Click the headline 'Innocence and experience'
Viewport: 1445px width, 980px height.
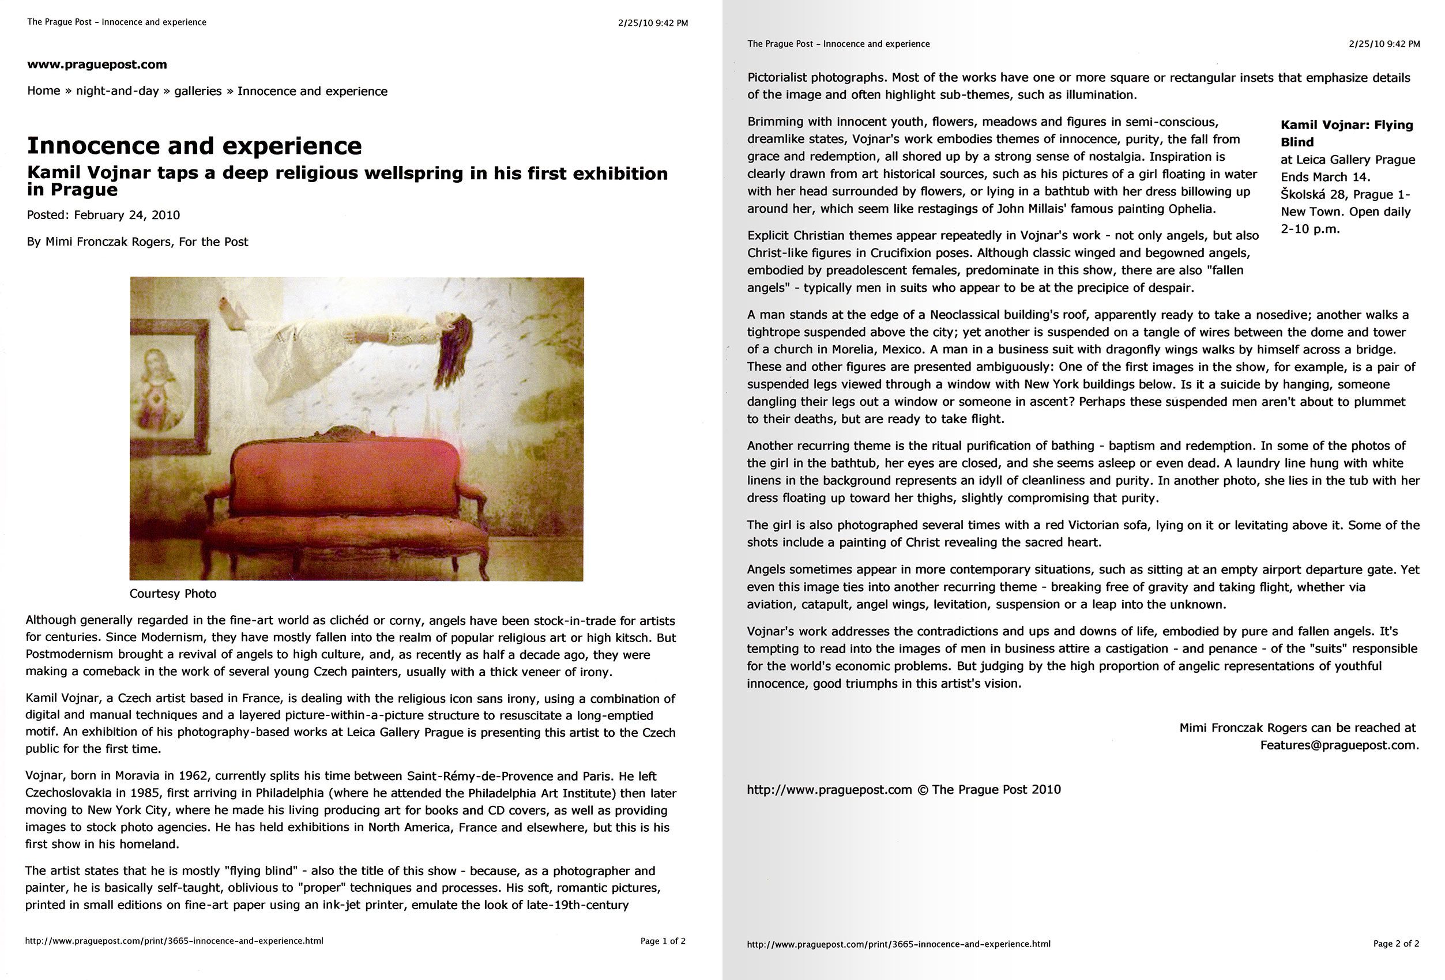(194, 146)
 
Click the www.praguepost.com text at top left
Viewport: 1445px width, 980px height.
(97, 65)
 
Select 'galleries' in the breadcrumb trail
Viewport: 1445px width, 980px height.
(198, 91)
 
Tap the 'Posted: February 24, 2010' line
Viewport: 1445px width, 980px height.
(103, 215)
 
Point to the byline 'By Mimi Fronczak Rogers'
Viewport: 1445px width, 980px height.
(137, 242)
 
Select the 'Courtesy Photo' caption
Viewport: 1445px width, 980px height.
(173, 593)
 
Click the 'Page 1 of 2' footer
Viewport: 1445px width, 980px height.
(663, 941)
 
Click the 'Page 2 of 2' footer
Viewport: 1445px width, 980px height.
(1396, 943)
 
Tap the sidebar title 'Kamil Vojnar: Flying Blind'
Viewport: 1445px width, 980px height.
(1346, 133)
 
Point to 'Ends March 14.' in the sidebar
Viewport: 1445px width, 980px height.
(1325, 177)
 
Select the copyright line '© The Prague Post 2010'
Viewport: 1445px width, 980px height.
(989, 789)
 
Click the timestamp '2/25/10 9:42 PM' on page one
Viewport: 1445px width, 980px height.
(653, 23)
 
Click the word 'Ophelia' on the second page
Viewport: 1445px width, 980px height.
(1191, 209)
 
